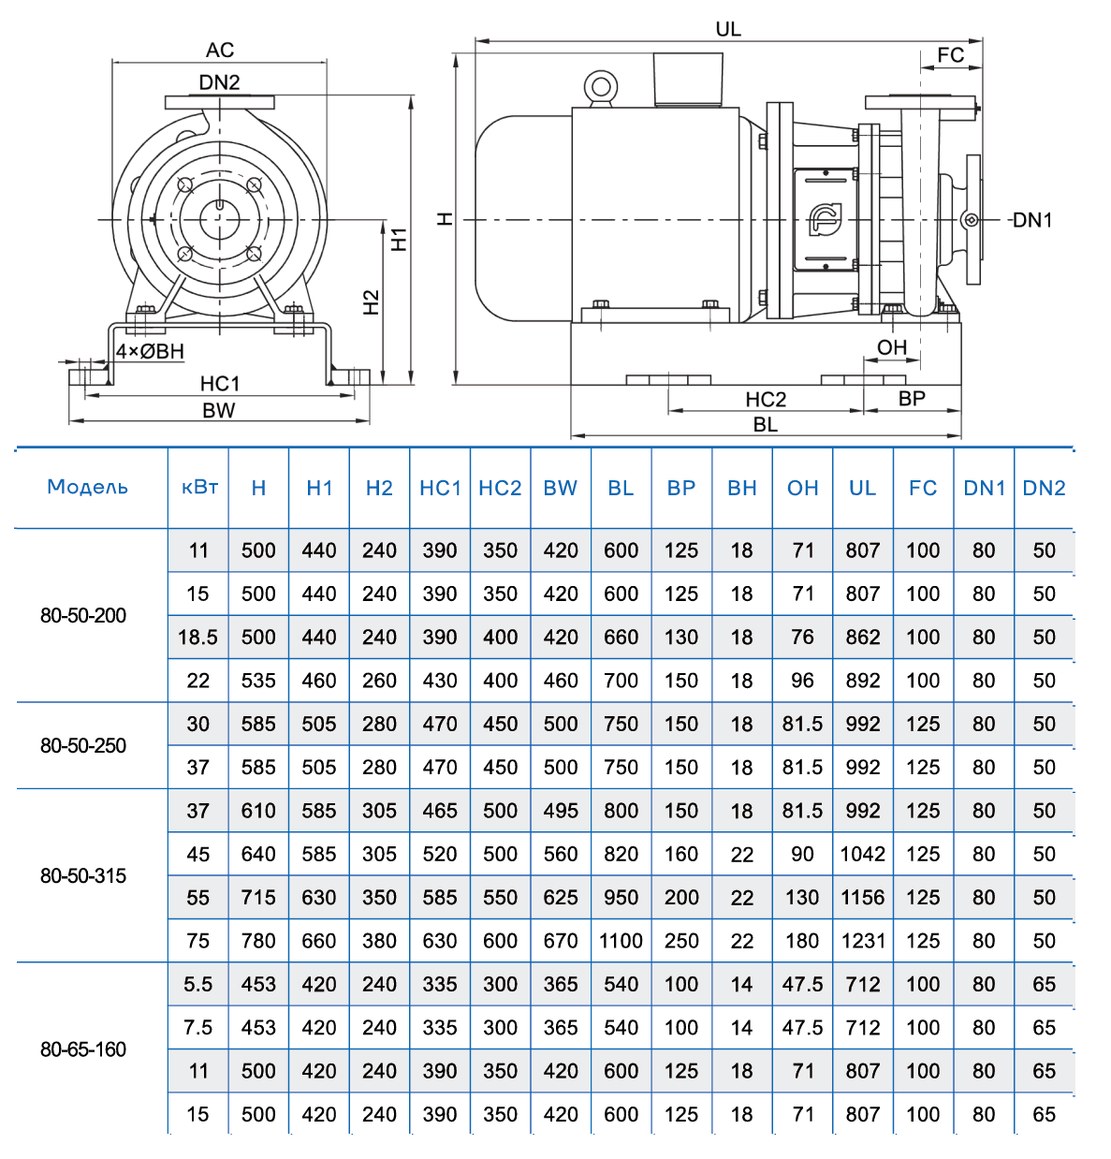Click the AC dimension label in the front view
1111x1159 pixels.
[x=220, y=50]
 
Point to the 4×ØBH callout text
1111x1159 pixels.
[x=150, y=351]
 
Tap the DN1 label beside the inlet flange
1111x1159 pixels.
[x=1032, y=220]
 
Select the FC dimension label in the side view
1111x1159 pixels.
[x=950, y=55]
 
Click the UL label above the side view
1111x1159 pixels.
[x=728, y=29]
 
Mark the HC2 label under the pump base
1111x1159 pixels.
[x=766, y=399]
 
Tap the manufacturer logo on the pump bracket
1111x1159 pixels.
[x=825, y=220]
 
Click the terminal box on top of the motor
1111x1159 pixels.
[x=688, y=79]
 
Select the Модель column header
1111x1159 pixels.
[x=88, y=487]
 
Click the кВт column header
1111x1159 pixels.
[x=199, y=487]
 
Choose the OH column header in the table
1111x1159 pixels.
[x=802, y=488]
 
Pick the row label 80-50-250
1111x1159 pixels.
[x=83, y=745]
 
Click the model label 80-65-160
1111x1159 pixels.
[x=83, y=1049]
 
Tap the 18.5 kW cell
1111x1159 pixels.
[x=198, y=638]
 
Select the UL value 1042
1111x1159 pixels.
[x=862, y=854]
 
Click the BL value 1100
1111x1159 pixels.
[x=621, y=941]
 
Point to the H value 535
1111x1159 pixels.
[x=258, y=681]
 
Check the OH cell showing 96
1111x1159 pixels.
[x=802, y=681]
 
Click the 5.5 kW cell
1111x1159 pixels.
[x=198, y=984]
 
